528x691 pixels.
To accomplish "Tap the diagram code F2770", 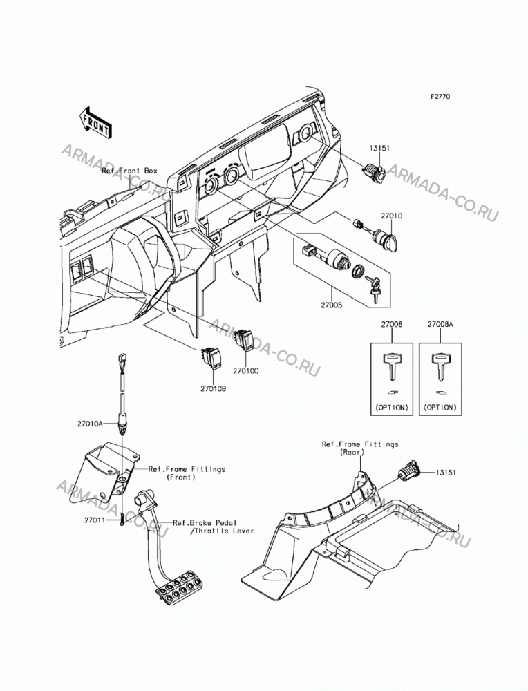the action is (x=428, y=97).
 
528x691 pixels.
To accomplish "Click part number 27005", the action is (x=331, y=305).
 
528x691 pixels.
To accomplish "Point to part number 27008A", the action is (x=440, y=324).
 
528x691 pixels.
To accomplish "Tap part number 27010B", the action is (x=214, y=389).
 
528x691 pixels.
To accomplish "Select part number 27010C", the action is (x=245, y=371).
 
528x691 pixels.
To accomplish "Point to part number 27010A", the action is (x=90, y=424).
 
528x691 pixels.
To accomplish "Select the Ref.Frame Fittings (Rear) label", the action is (x=360, y=448).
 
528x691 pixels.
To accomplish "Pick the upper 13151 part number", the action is (x=379, y=149).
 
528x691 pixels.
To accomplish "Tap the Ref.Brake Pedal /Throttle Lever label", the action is (x=214, y=527).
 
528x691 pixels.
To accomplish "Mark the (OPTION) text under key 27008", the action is (x=392, y=408).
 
